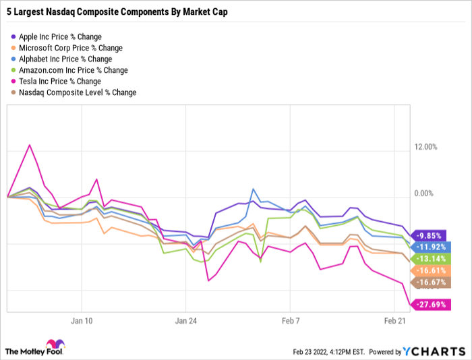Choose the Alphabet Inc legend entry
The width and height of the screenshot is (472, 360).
point(66,59)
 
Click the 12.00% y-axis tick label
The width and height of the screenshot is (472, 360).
point(425,147)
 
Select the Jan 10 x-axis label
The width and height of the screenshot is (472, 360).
point(81,321)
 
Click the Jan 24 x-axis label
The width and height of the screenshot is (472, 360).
point(186,321)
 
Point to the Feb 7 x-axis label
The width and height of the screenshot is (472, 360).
point(291,321)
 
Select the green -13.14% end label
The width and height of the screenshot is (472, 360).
point(432,259)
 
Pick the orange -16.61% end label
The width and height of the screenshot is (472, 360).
point(432,270)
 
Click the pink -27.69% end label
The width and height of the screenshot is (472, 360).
point(432,305)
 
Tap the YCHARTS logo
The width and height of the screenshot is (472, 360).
point(434,351)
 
